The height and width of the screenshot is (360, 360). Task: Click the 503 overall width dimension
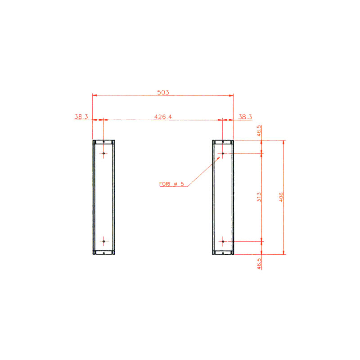pos(163,92)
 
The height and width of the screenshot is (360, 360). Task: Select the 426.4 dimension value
pos(163,117)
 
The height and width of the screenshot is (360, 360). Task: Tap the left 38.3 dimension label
pos(81,117)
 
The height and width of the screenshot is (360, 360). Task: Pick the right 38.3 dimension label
pos(245,117)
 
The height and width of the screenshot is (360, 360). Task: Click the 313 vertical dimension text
pos(259,197)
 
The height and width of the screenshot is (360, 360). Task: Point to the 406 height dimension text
pos(281,197)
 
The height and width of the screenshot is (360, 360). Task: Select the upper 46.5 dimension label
pos(259,130)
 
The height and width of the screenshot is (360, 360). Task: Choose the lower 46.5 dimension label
pos(259,264)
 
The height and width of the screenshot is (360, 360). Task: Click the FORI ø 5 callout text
pos(171,184)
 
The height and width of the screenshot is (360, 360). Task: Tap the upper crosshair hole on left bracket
pos(104,153)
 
